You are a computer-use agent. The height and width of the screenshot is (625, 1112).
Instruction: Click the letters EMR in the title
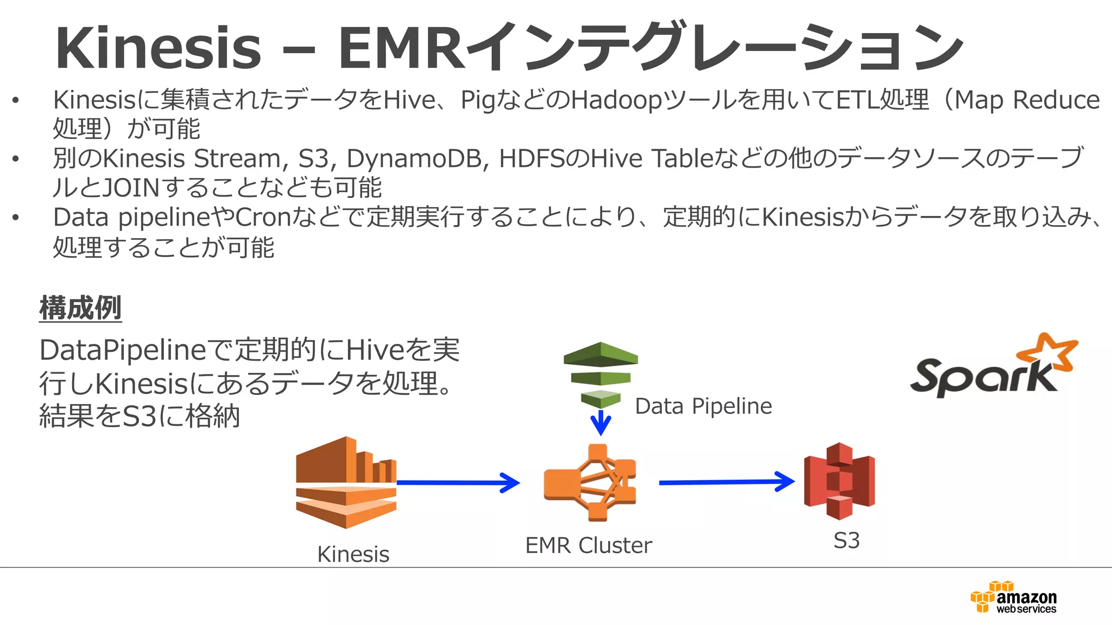pyautogui.click(x=402, y=49)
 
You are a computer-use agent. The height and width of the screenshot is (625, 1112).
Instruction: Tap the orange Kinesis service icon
pyautogui.click(x=346, y=482)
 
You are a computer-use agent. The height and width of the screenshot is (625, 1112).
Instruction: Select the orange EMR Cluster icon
pyautogui.click(x=590, y=482)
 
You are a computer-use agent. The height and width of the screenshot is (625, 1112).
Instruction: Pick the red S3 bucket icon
pyautogui.click(x=839, y=481)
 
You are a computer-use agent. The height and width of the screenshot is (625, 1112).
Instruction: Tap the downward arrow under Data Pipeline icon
pyautogui.click(x=601, y=423)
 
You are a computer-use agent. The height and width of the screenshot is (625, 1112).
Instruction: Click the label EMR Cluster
pyautogui.click(x=588, y=546)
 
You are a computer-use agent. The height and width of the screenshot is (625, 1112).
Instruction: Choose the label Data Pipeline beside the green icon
pyautogui.click(x=703, y=406)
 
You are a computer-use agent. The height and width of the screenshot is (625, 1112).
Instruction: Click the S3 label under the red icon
pyautogui.click(x=846, y=541)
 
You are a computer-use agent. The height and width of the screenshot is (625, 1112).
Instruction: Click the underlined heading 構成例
pyautogui.click(x=80, y=308)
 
